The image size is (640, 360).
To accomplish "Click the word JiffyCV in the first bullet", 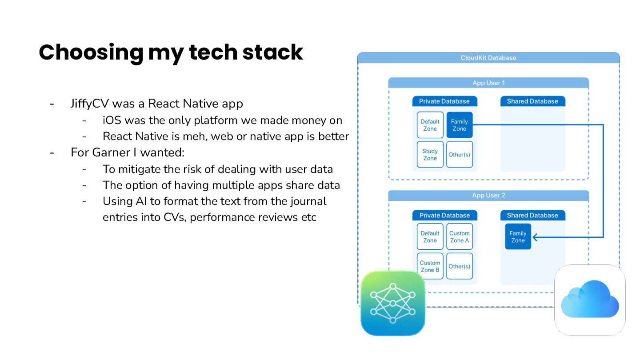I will click(x=89, y=104).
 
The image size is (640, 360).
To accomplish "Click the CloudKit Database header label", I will click(x=488, y=58).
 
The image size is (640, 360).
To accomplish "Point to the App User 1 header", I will click(x=488, y=83).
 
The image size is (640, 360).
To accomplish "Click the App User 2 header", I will click(x=488, y=196).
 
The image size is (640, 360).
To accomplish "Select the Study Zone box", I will click(x=430, y=155).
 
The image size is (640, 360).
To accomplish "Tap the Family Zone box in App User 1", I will click(x=459, y=125).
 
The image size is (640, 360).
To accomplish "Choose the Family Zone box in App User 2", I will click(x=518, y=237).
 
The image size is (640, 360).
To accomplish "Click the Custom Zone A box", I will click(x=459, y=237).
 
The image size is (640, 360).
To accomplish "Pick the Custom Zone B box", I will click(x=430, y=266).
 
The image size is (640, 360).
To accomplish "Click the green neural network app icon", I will click(x=393, y=303).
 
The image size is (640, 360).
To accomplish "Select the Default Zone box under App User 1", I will click(x=430, y=125).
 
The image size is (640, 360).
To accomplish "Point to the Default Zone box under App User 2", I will click(x=430, y=237).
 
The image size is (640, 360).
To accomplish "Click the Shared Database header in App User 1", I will click(x=532, y=101).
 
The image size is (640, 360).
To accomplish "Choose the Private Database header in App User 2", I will click(x=444, y=216).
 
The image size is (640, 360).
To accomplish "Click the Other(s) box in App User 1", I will click(x=459, y=155).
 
